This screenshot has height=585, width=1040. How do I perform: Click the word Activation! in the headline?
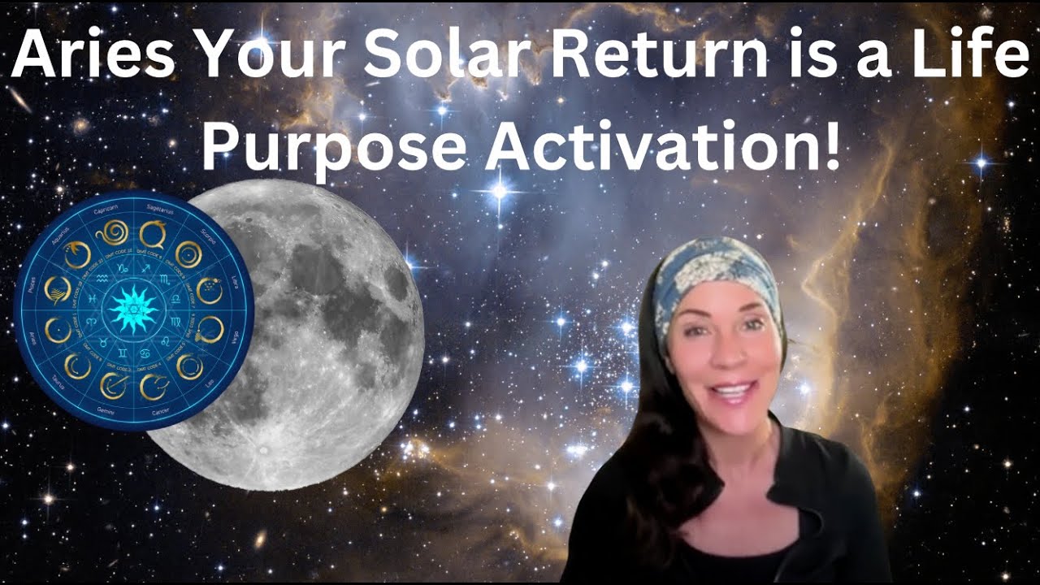click(x=660, y=148)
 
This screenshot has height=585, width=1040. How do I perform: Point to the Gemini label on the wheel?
click(x=107, y=412)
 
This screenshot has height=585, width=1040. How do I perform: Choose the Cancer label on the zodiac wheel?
click(x=159, y=413)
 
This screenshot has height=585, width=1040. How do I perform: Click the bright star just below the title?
click(x=499, y=192)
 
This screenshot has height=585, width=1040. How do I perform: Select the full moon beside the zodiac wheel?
click(x=325, y=333)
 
